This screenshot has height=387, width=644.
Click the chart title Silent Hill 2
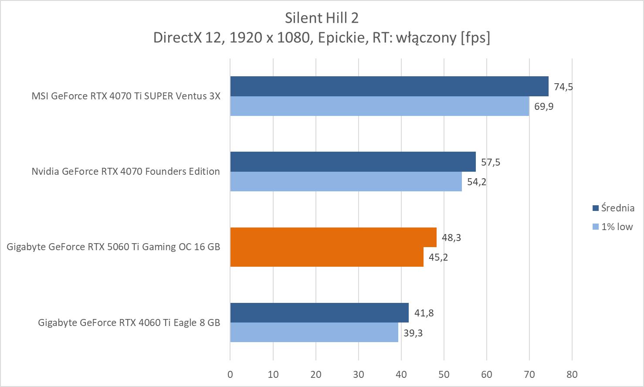click(x=322, y=17)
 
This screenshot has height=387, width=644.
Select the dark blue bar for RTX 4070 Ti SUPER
click(x=389, y=86)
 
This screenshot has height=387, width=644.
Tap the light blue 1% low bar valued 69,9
click(x=379, y=106)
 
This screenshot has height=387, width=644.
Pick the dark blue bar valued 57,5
click(x=353, y=162)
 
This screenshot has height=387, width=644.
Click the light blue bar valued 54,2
click(x=346, y=181)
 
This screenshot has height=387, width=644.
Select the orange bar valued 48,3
click(x=333, y=237)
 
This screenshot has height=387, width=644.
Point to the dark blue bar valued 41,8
click(x=319, y=312)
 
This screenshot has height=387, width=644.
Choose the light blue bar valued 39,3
click(x=314, y=332)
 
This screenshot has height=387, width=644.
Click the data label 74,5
click(x=563, y=87)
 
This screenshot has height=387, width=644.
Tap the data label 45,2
click(x=438, y=257)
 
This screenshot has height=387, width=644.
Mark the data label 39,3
click(x=413, y=333)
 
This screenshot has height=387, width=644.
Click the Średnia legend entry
click(x=613, y=208)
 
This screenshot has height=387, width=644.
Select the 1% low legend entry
click(x=612, y=227)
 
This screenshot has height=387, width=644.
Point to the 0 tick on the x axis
click(x=230, y=374)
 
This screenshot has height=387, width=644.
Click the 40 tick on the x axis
click(x=401, y=374)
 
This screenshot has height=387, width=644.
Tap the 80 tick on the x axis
click(x=572, y=374)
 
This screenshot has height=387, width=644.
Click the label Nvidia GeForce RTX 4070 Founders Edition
click(x=125, y=171)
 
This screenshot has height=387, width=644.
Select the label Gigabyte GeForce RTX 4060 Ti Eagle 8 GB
click(x=129, y=322)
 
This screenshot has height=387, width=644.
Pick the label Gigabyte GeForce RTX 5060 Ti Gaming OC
click(x=113, y=247)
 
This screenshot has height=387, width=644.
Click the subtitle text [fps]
click(x=475, y=37)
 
